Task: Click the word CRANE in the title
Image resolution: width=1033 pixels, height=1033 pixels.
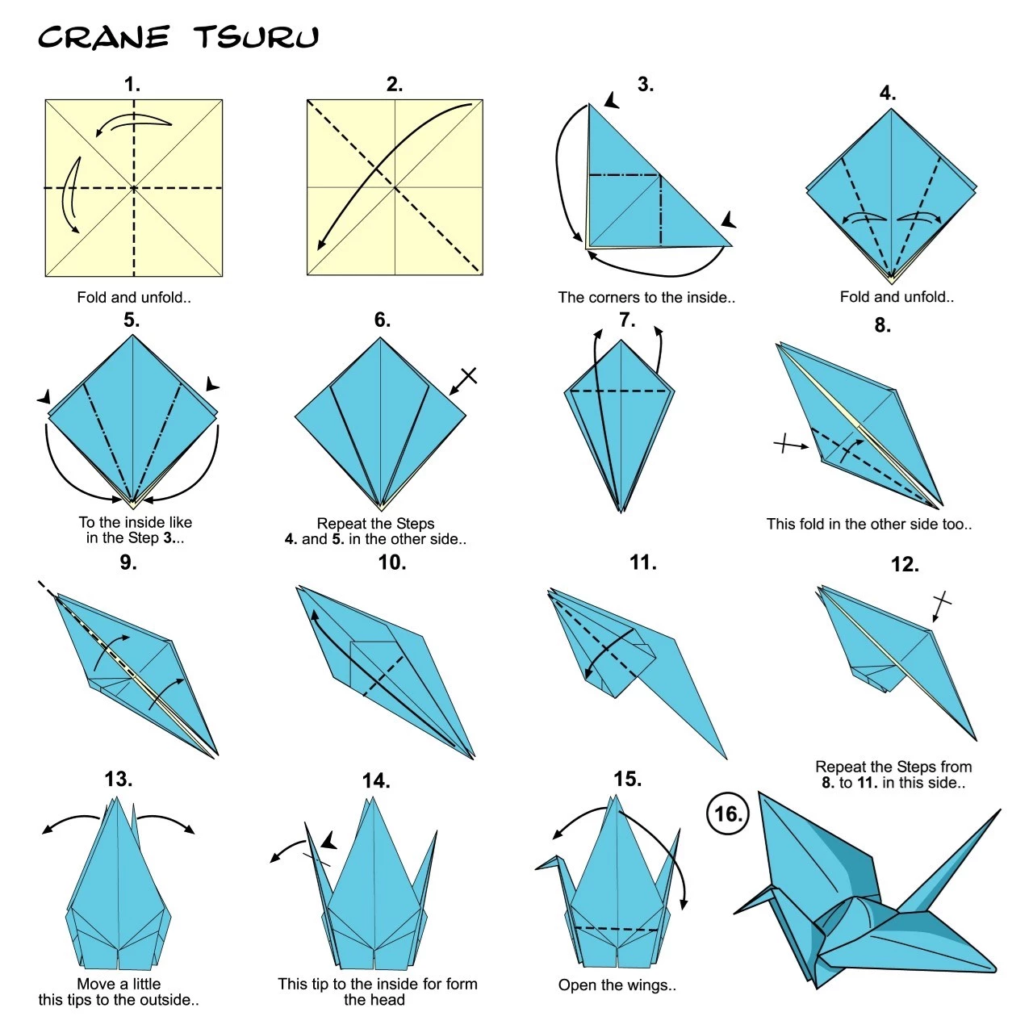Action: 103,37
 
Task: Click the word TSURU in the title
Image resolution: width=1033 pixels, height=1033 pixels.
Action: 257,37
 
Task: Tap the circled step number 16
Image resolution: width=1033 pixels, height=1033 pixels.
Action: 728,813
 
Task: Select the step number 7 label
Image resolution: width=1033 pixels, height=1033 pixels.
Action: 627,320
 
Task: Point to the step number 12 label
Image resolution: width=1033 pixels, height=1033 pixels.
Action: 905,565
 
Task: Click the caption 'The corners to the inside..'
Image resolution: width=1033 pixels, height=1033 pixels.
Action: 646,297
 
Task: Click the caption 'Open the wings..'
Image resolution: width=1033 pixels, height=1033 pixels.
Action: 617,985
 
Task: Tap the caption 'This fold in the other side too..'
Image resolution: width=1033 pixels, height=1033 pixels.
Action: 869,524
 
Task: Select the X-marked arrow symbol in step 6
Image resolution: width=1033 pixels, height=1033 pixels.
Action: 464,380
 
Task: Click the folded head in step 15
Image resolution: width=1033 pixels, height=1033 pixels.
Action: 549,864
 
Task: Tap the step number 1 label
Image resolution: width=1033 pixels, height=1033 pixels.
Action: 132,85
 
